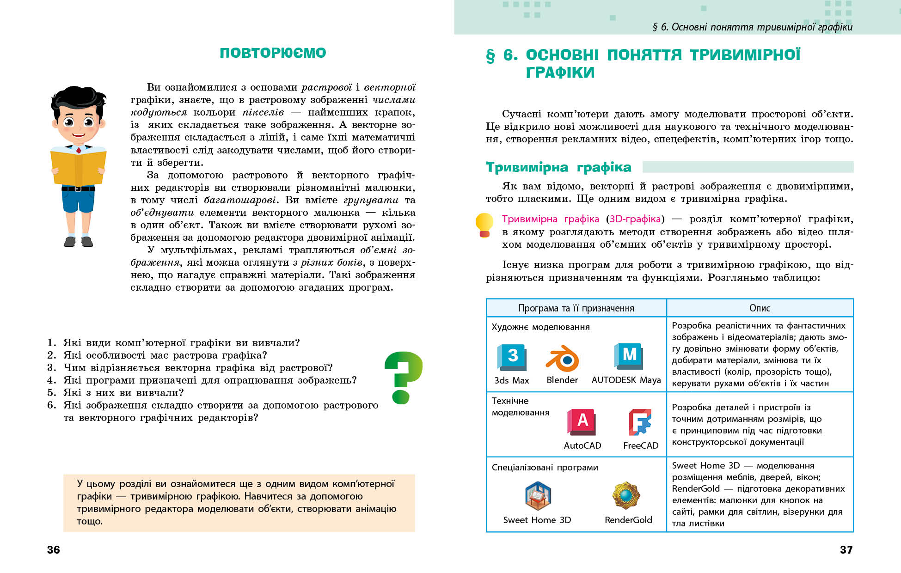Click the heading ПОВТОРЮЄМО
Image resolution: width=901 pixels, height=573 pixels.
pos(273,53)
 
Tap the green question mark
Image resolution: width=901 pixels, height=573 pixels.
pos(403,376)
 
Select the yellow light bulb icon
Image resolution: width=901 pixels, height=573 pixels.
pos(484,225)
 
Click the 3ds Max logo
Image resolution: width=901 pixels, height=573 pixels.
pos(512,357)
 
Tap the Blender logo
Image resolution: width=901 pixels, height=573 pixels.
pos(562,358)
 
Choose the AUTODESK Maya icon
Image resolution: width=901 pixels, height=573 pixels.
pos(628,356)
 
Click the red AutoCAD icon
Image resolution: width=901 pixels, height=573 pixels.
pos(582,422)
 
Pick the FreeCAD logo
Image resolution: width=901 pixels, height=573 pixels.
pos(640,422)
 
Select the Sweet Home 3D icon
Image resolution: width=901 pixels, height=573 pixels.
pos(538,496)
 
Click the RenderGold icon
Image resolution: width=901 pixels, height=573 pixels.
pos(626,495)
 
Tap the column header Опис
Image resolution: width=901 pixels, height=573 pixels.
pos(760,308)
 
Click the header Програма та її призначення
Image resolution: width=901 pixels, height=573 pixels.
pos(576,308)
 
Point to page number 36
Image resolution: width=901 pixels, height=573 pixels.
pos(54,550)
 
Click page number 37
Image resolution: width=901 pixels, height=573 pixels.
pos(846,550)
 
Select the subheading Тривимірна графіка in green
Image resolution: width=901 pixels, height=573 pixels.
pos(558,167)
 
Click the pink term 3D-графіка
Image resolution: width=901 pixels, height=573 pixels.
pos(635,219)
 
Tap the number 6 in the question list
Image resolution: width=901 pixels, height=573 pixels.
pos(51,405)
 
